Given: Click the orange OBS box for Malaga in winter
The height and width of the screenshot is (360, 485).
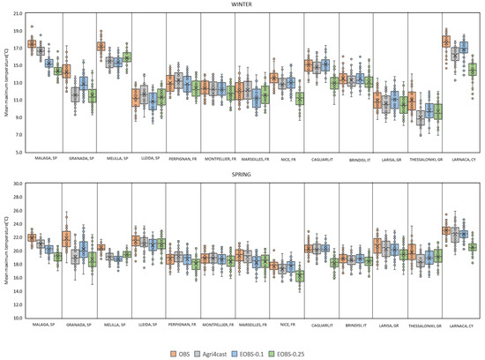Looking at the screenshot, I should tap(32, 44).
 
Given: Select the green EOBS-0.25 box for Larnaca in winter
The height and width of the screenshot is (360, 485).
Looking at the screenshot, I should tap(473, 69).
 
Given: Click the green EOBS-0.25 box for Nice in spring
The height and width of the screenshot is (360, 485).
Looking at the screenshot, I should tap(299, 276).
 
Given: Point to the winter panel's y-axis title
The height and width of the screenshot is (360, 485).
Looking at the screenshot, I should tap(7, 88).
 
